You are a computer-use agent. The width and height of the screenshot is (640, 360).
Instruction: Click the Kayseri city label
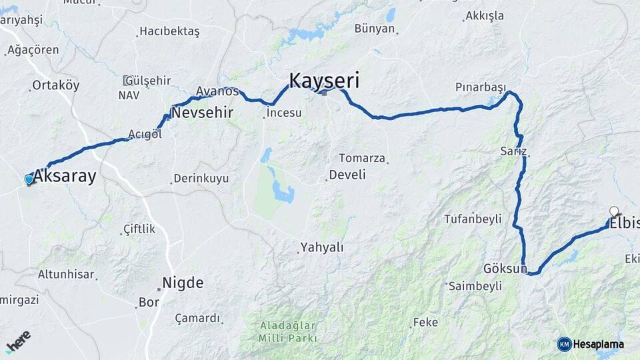(324, 81)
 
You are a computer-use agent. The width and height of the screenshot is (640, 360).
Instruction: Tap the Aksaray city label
(65, 177)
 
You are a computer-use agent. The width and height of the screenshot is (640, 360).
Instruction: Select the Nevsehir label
(202, 113)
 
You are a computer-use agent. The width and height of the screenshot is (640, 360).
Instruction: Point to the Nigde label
(183, 283)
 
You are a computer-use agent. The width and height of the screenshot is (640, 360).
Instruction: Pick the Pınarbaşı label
(481, 87)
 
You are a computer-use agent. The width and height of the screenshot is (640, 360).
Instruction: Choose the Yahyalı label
(323, 247)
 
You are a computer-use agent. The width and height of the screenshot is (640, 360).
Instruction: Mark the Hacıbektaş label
(170, 31)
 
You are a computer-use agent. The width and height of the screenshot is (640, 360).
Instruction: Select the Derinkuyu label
(201, 179)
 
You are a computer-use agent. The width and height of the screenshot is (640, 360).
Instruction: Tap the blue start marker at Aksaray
(29, 179)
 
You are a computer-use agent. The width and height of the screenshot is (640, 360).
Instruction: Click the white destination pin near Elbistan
(614, 211)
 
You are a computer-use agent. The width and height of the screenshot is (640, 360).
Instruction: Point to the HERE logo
(18, 341)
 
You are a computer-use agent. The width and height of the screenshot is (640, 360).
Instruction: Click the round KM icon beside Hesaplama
(564, 344)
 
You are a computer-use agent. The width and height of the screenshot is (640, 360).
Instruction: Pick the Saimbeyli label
(475, 286)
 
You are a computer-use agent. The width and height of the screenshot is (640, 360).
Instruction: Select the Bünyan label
(375, 29)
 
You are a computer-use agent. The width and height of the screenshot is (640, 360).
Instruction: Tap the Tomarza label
(362, 158)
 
